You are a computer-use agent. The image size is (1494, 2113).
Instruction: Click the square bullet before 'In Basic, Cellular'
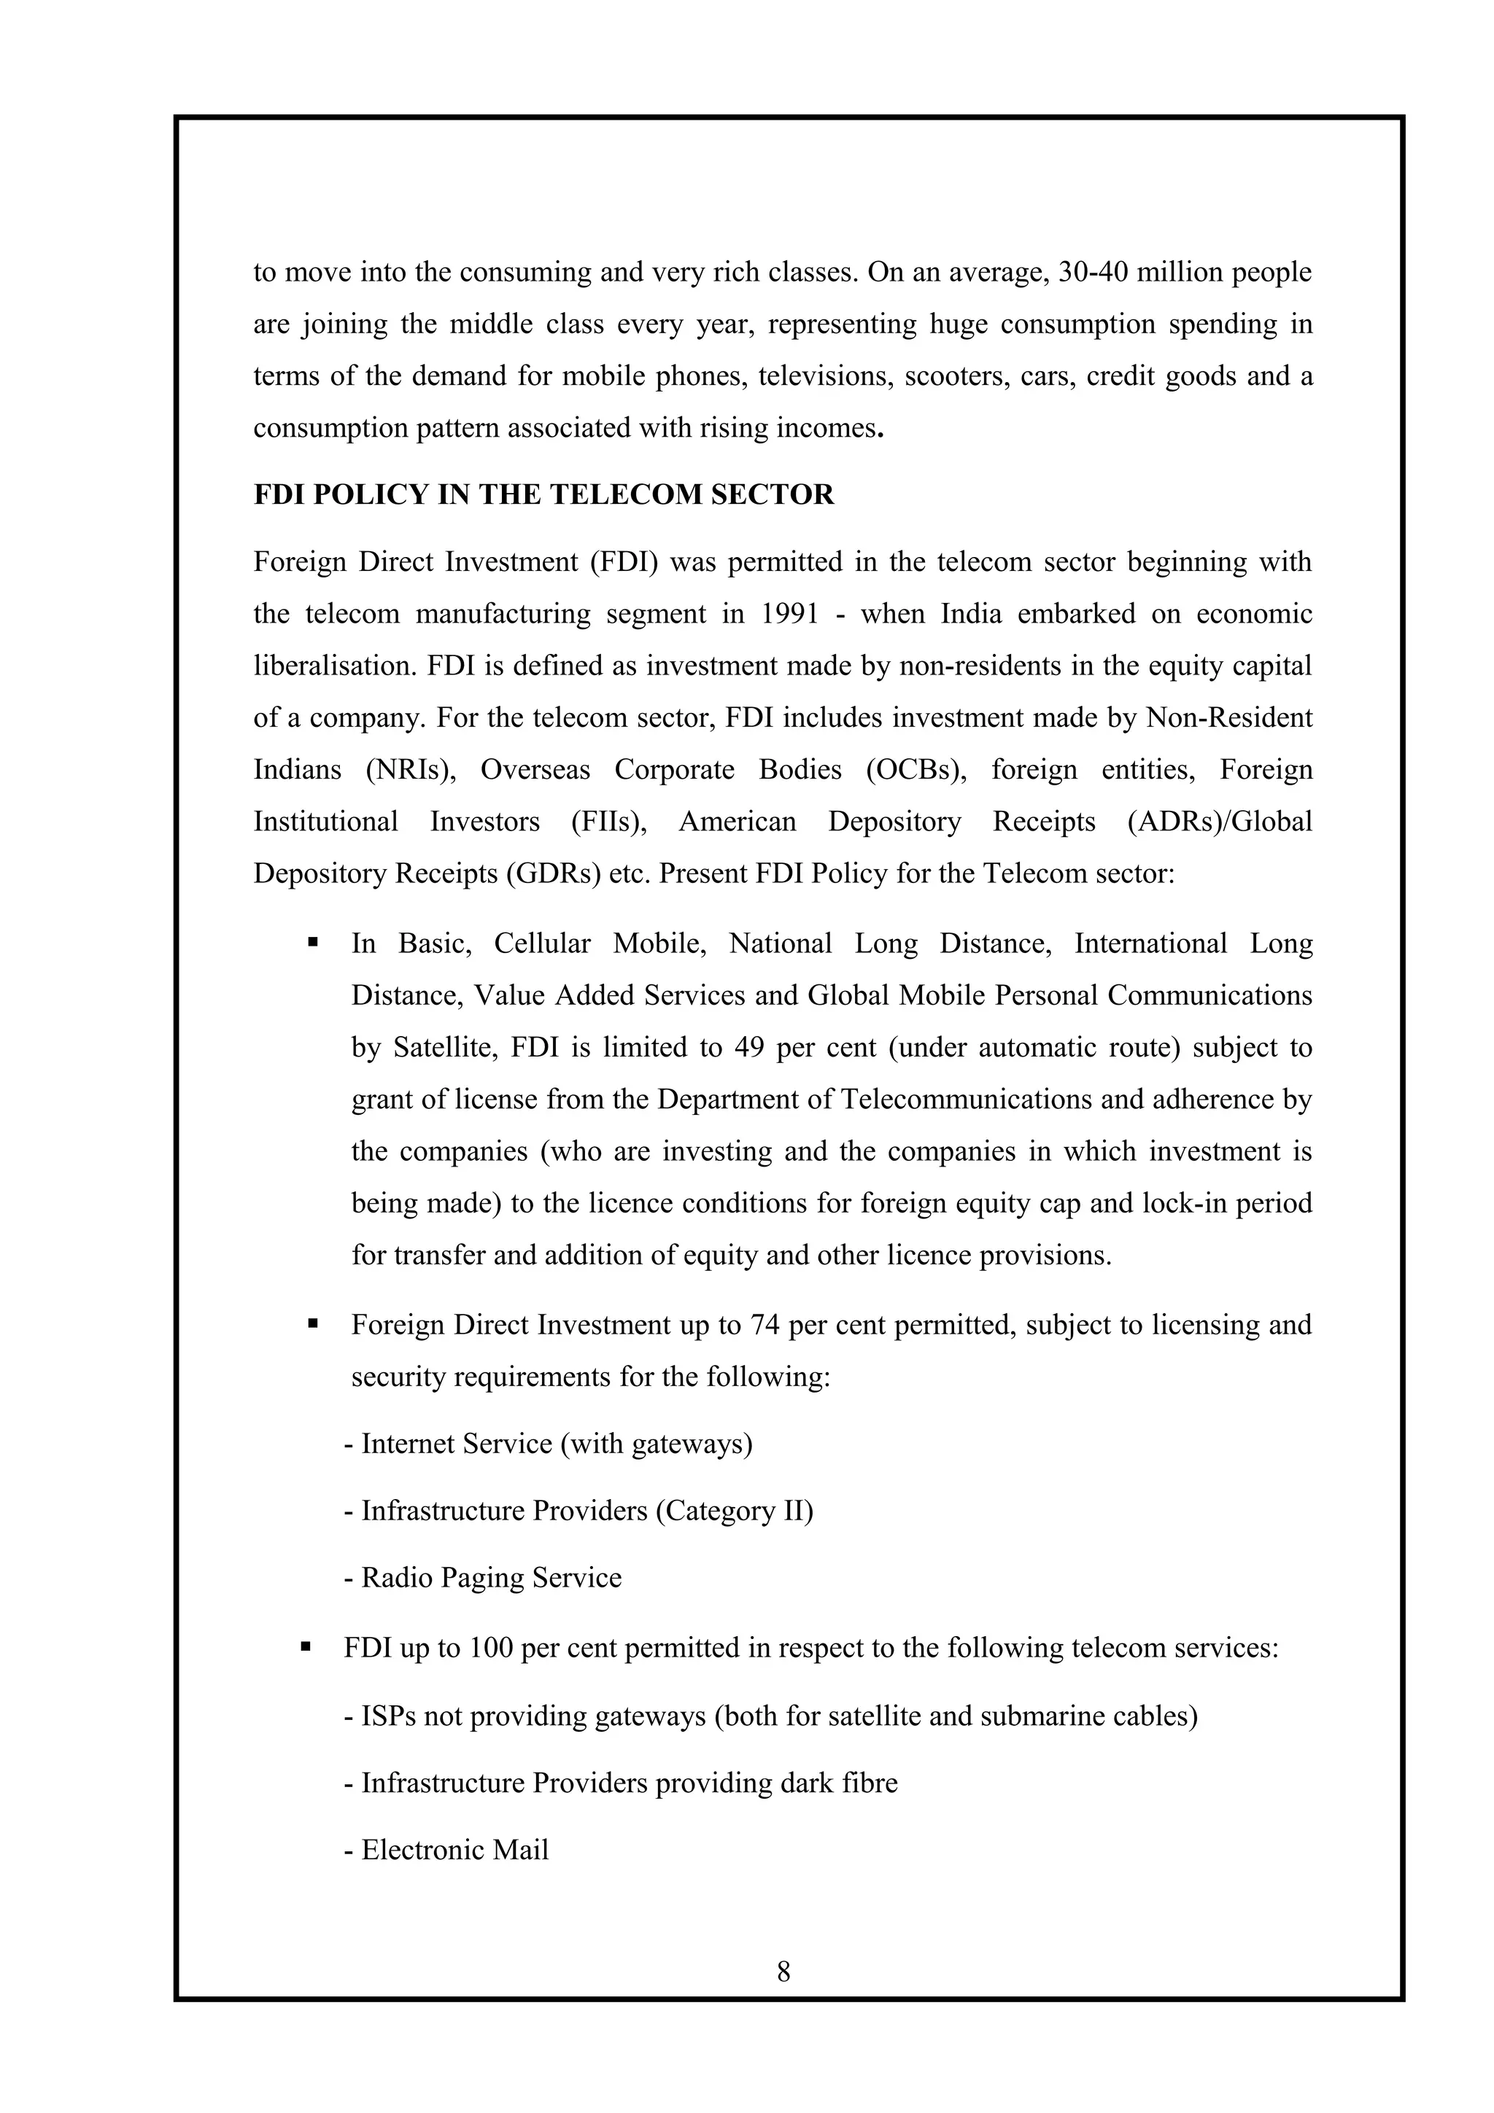pyautogui.click(x=313, y=942)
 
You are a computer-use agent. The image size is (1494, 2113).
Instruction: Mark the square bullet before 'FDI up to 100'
pyautogui.click(x=306, y=1646)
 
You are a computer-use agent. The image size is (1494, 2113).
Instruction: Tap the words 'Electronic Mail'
pyautogui.click(x=454, y=1850)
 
